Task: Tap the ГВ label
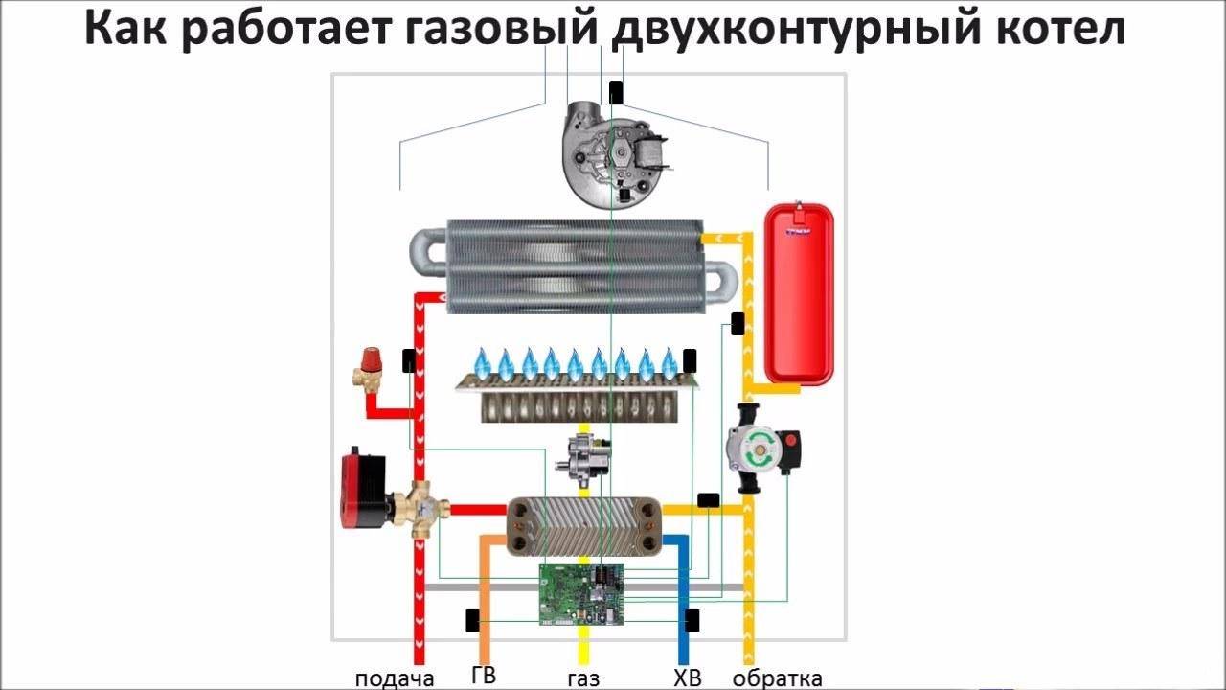click(484, 675)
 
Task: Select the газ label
click(583, 679)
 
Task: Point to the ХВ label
click(688, 678)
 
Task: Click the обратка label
click(778, 678)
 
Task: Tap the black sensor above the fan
click(616, 92)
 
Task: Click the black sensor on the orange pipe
click(473, 620)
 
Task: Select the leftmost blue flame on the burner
click(482, 362)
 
